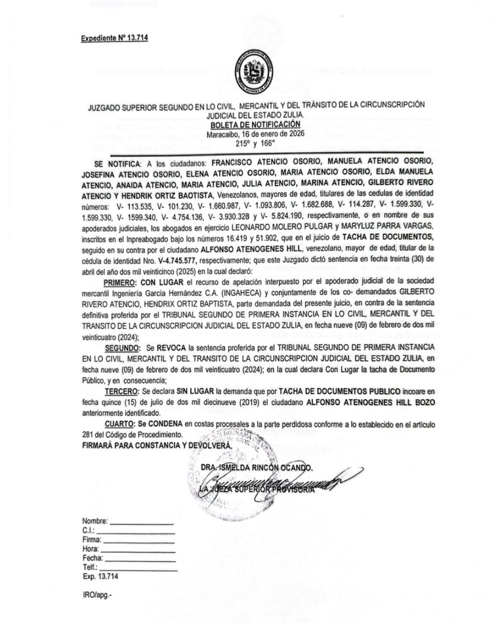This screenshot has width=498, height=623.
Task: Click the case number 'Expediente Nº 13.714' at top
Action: point(115,38)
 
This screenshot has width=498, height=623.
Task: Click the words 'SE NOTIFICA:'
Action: point(116,163)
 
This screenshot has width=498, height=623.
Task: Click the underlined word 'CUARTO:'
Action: point(117,423)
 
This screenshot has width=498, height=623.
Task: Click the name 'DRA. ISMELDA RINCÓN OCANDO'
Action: point(257,468)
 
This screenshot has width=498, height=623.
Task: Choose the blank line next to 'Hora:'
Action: point(140,548)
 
